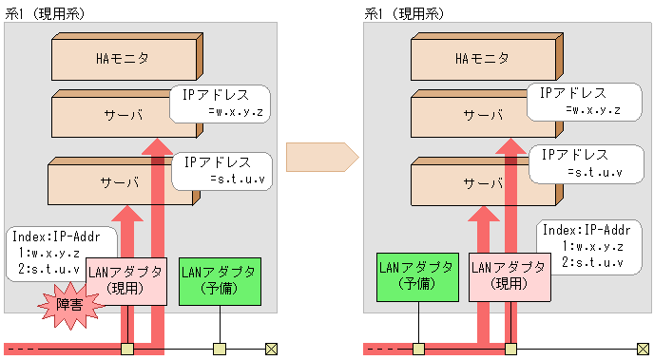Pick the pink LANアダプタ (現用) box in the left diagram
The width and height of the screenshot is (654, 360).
(127, 281)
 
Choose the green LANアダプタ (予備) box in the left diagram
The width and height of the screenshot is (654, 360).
(218, 280)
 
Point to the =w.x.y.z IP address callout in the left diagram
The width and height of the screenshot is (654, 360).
(221, 104)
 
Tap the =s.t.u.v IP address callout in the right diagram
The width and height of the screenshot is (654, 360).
(580, 164)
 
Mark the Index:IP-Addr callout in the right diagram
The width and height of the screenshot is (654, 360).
(582, 245)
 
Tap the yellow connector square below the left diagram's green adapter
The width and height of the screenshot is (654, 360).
(220, 349)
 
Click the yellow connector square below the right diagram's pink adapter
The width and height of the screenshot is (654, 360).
(511, 349)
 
